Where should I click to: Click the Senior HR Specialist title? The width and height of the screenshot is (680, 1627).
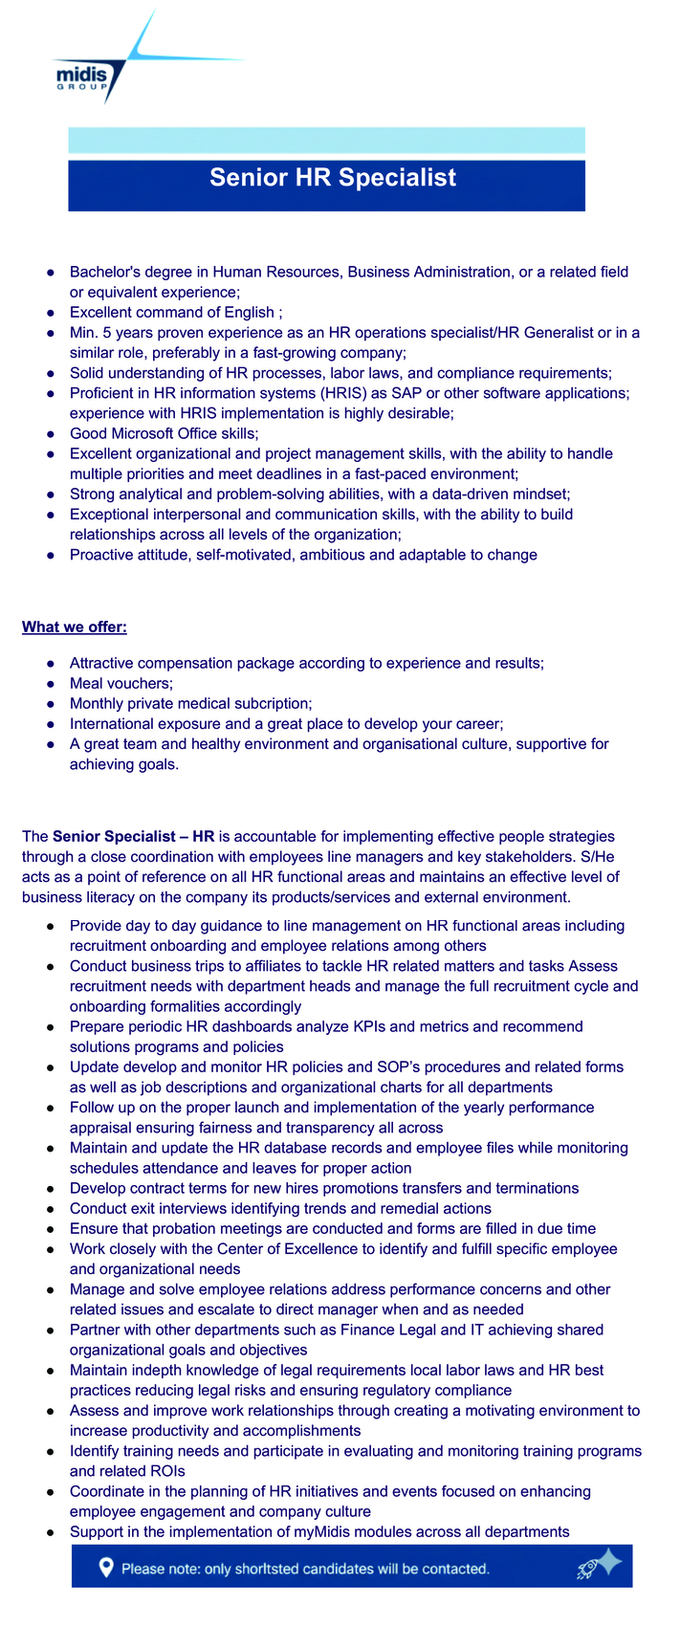click(333, 178)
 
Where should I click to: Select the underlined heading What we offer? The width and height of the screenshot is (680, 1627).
click(75, 627)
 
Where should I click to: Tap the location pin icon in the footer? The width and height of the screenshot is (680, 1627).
click(106, 1568)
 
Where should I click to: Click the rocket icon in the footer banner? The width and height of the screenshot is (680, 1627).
click(597, 1567)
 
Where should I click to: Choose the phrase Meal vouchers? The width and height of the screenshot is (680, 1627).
click(121, 684)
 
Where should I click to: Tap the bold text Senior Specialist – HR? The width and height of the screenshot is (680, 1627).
click(133, 837)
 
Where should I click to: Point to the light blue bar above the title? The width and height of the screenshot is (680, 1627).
click(326, 141)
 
